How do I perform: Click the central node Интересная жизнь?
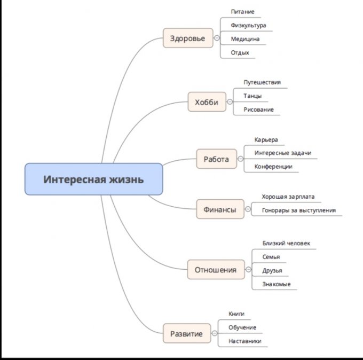click(93, 179)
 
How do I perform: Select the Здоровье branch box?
click(187, 38)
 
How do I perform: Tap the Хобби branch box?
click(207, 102)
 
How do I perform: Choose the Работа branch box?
click(216, 159)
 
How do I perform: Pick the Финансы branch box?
click(219, 209)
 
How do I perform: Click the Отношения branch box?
click(215, 270)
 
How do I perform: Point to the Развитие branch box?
click(186, 334)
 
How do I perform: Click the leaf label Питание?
click(243, 11)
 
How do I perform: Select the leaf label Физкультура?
click(248, 25)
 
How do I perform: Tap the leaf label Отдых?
click(240, 52)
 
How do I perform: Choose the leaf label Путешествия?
click(262, 82)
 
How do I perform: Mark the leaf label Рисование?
click(258, 109)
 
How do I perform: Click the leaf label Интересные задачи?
click(282, 153)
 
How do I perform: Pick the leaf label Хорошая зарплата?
click(288, 197)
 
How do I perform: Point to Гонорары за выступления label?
click(298, 210)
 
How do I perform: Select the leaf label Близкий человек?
click(286, 243)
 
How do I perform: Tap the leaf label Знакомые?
click(276, 284)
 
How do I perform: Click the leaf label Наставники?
click(244, 341)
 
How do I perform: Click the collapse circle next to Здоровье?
click(217, 38)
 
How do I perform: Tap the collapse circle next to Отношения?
click(248, 270)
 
